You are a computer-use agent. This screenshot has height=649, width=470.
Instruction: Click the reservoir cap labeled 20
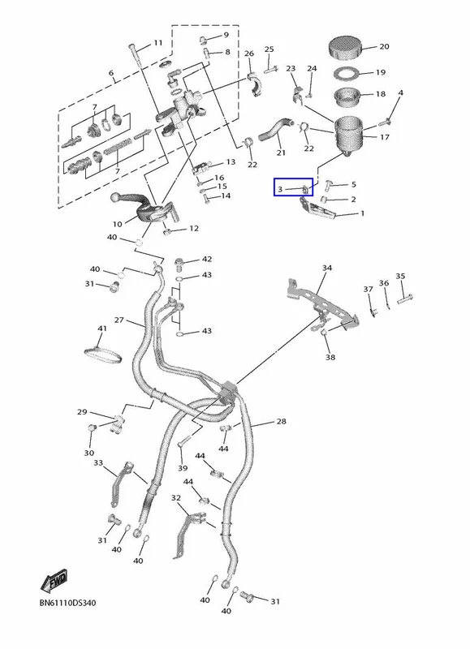pyautogui.click(x=345, y=48)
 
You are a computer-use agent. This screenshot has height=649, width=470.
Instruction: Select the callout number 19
pyautogui.click(x=381, y=72)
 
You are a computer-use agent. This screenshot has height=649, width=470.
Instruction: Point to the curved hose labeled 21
pyautogui.click(x=275, y=128)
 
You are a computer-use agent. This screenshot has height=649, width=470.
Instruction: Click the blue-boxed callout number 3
pyautogui.click(x=280, y=190)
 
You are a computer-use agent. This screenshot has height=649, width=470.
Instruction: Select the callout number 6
pyautogui.click(x=111, y=73)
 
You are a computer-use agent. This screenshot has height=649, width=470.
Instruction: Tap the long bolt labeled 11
pyautogui.click(x=136, y=55)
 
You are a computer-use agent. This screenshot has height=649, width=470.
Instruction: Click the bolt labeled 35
pyautogui.click(x=404, y=299)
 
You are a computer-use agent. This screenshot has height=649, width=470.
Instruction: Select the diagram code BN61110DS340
pyautogui.click(x=68, y=603)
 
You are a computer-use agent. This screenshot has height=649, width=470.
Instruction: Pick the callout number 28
pyautogui.click(x=282, y=421)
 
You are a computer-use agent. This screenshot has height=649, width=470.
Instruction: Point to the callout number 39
pyautogui.click(x=183, y=468)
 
